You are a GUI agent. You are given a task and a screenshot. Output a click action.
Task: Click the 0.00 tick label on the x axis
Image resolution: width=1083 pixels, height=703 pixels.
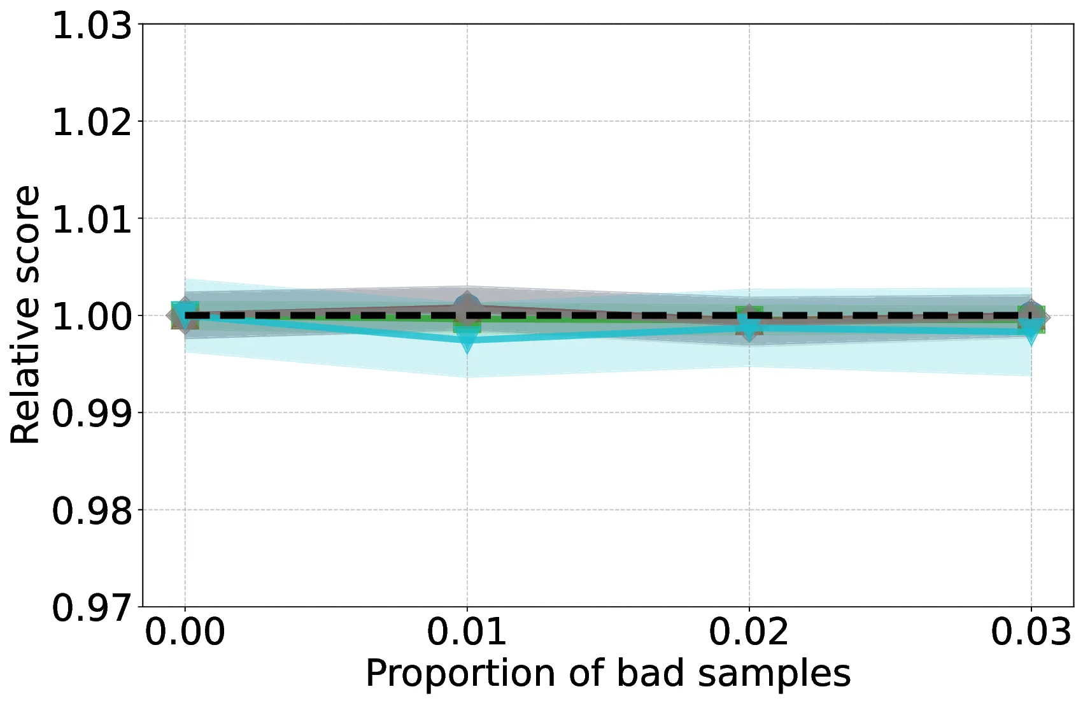point(185,633)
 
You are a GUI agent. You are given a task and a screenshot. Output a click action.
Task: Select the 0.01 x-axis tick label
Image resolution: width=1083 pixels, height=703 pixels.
point(467,633)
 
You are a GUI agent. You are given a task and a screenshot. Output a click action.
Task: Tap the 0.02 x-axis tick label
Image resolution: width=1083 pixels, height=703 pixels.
point(749,633)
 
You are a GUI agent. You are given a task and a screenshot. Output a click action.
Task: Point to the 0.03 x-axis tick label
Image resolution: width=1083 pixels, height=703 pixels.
point(1031,633)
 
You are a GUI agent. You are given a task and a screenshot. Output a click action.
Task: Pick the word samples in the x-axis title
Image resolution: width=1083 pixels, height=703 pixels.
point(774,674)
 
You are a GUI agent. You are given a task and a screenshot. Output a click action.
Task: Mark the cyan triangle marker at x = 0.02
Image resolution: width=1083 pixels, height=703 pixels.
point(749,328)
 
